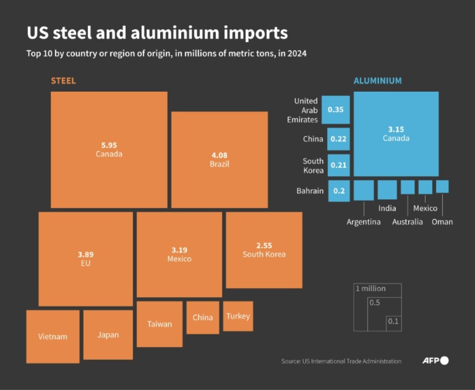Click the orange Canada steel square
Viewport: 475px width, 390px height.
click(x=109, y=150)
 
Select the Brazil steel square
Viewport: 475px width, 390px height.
click(x=219, y=160)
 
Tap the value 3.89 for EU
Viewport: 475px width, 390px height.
click(x=86, y=255)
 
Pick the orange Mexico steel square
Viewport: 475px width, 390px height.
click(x=179, y=254)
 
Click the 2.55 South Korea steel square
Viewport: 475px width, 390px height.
click(x=264, y=250)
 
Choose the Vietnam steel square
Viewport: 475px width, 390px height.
click(x=53, y=336)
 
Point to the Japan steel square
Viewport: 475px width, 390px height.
click(x=108, y=334)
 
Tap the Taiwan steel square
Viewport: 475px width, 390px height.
click(x=159, y=324)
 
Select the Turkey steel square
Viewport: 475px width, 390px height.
click(x=238, y=316)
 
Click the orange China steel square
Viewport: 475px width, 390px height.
click(x=203, y=317)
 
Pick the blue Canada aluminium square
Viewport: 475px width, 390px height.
click(x=396, y=134)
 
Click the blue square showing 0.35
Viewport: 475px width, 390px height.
click(x=336, y=110)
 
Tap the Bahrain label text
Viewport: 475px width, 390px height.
click(x=310, y=191)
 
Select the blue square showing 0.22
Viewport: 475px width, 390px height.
click(x=338, y=139)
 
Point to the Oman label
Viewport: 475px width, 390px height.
click(x=442, y=222)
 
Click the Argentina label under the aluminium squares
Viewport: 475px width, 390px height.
click(x=364, y=222)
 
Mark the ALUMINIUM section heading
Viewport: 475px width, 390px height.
click(x=377, y=81)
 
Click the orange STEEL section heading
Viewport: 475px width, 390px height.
click(x=63, y=81)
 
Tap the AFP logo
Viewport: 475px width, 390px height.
click(x=435, y=361)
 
